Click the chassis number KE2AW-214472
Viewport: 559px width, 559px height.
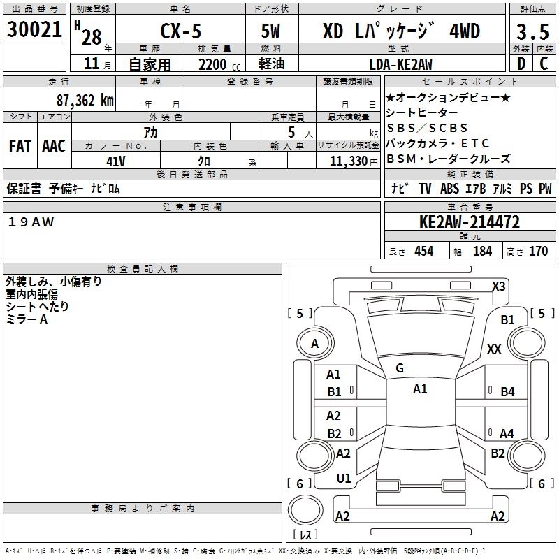coord(470,223)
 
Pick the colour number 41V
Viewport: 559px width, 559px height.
coord(116,160)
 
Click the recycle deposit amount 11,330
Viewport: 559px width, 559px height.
coord(347,161)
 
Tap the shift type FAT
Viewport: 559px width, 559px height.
coord(20,147)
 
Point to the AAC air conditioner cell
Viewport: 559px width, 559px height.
coord(54,147)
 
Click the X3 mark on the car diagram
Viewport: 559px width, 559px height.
coord(498,286)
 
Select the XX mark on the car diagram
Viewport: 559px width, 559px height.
coord(494,349)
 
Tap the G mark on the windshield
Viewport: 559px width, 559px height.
coord(400,368)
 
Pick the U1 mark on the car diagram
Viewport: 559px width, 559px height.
coord(344,479)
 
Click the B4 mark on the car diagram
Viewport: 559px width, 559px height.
coord(507,391)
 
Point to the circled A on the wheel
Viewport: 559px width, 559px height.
coord(314,343)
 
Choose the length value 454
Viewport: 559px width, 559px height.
coord(423,252)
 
